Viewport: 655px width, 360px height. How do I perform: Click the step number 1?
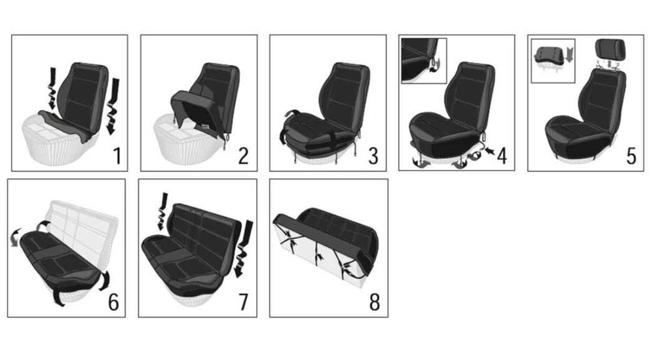(x=117, y=156)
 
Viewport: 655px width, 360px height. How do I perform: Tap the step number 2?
(x=244, y=156)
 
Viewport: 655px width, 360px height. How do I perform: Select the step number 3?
(x=373, y=156)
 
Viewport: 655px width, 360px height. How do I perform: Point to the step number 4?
(x=502, y=156)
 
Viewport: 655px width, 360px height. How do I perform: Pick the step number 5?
(x=631, y=156)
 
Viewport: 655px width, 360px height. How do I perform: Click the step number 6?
(x=113, y=302)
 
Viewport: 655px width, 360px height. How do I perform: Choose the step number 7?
(x=243, y=302)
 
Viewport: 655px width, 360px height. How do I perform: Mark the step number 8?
(x=374, y=302)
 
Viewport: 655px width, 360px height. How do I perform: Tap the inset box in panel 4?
(x=424, y=61)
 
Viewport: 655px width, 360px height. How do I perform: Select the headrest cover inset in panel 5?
(x=553, y=61)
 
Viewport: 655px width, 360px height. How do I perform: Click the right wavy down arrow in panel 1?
(x=113, y=107)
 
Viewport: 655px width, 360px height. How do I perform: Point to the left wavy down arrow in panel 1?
(x=51, y=88)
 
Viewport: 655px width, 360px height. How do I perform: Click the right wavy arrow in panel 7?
(x=244, y=249)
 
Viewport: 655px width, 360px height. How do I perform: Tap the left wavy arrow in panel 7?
(x=162, y=211)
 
